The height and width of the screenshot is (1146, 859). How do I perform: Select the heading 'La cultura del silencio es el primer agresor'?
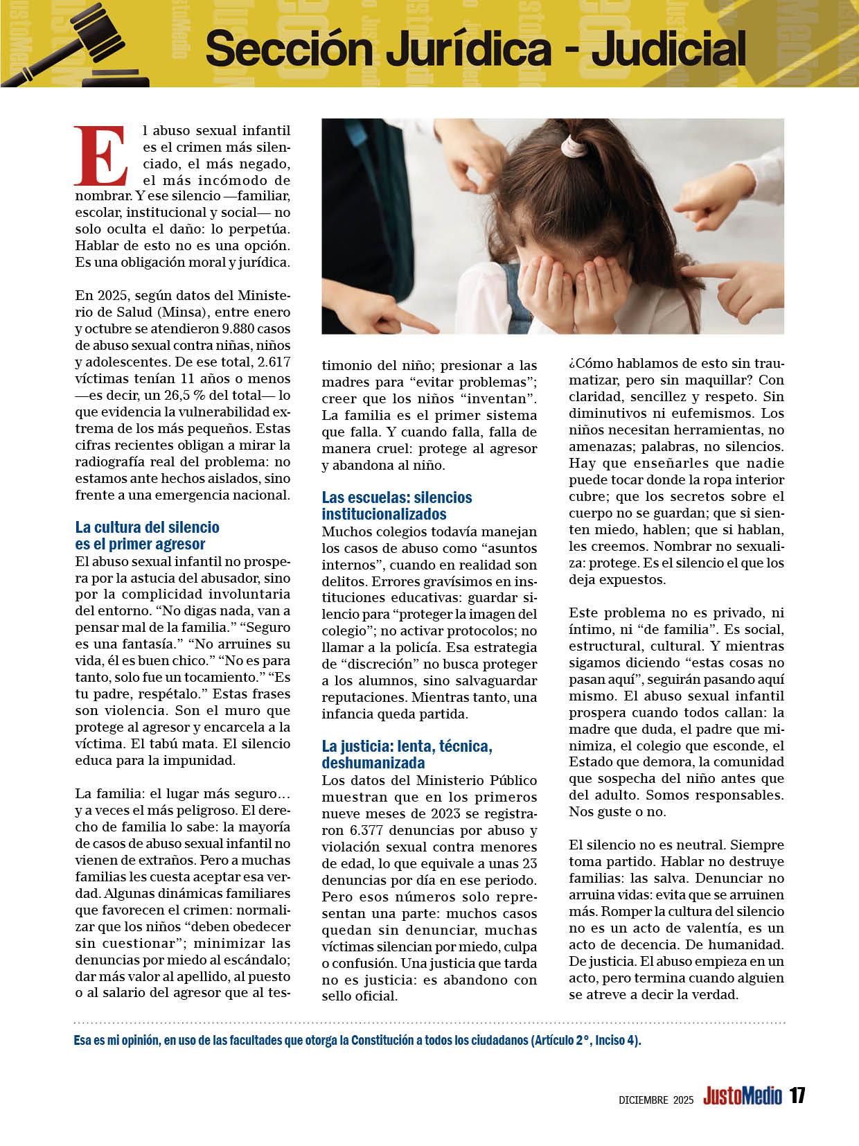[147, 536]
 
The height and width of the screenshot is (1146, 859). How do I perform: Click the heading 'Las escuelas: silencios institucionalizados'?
[396, 506]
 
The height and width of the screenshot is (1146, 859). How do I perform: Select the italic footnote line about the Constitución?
[357, 1042]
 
